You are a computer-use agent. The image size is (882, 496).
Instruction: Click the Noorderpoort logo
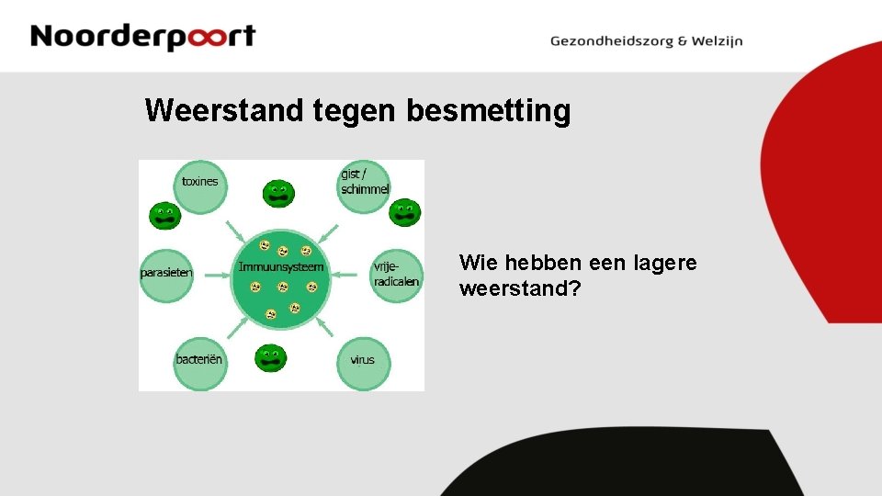[x=142, y=37]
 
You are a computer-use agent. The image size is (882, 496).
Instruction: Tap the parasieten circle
[x=166, y=274]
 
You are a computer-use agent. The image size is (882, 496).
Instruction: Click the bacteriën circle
[x=199, y=361]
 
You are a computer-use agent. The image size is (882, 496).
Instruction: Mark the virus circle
[x=363, y=361]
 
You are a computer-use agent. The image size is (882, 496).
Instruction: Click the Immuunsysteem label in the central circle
[x=281, y=267]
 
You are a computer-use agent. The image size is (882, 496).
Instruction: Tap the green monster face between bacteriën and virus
[x=271, y=358]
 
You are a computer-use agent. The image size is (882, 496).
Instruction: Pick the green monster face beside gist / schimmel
[x=404, y=212]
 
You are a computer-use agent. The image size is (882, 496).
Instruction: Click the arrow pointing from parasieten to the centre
[x=213, y=274]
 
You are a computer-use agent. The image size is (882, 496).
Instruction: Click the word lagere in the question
[x=662, y=264]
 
